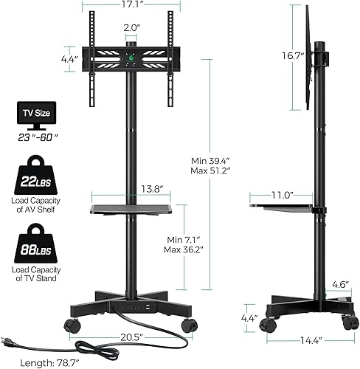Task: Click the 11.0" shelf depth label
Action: tap(281, 196)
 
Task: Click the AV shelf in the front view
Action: tap(132, 209)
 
